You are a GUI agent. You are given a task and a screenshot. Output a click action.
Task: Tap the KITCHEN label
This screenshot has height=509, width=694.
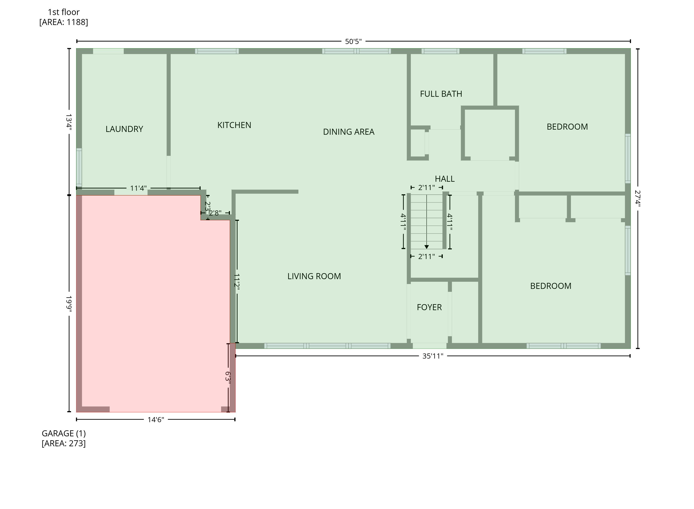tap(234, 125)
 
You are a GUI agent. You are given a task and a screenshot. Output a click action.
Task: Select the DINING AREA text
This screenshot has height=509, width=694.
tap(349, 132)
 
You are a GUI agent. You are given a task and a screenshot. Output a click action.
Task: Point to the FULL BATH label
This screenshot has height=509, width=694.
tap(441, 94)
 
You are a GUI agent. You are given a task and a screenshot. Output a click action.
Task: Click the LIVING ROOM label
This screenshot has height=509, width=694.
tap(314, 276)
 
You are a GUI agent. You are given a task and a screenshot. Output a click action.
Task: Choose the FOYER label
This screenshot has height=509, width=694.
tap(429, 307)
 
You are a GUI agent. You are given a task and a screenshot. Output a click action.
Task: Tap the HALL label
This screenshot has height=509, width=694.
tap(445, 179)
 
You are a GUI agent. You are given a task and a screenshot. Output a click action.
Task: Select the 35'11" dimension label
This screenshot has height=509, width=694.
tap(433, 356)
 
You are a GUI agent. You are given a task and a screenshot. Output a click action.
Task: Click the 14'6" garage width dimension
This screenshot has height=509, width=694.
tap(156, 420)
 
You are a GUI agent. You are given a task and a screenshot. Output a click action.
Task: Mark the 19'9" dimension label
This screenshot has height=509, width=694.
tap(69, 304)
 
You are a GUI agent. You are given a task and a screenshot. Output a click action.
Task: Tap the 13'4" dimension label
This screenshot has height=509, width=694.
tap(69, 122)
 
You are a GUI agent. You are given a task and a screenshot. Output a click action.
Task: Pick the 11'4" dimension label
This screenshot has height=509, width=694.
tap(138, 188)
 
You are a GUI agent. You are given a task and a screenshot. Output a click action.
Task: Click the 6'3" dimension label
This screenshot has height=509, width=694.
tap(228, 377)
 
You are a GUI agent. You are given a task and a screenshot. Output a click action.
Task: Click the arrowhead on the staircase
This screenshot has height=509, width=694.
tap(426, 247)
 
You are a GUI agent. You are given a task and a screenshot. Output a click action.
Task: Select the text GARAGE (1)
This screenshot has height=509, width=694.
tap(64, 434)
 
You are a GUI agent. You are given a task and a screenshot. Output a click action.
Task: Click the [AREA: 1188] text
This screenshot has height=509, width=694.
tap(64, 22)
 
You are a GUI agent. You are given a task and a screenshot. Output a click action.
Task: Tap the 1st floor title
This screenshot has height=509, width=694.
tap(64, 12)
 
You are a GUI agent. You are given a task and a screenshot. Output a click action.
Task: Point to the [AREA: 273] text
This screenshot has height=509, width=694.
tap(64, 443)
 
